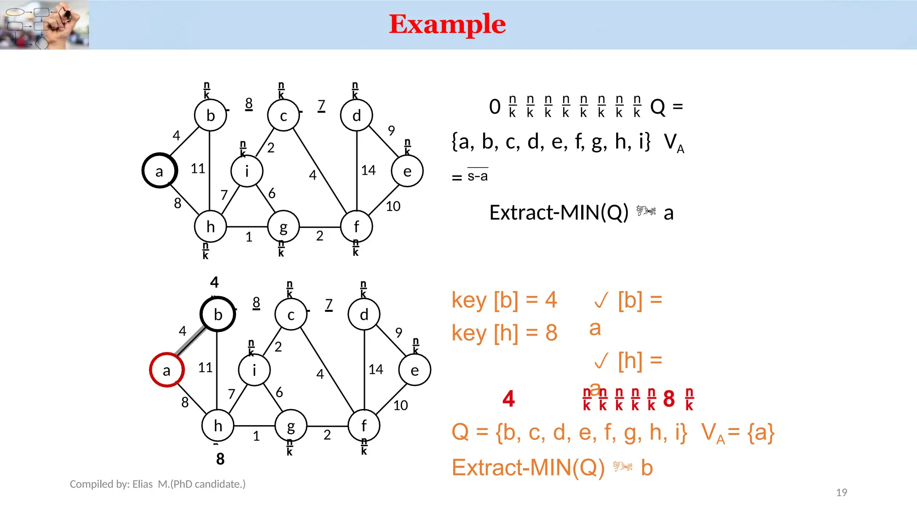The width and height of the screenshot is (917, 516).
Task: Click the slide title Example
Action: coord(447,24)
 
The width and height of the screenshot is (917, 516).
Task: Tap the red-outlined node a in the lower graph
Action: coord(167,370)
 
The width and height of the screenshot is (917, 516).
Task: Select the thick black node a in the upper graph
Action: coord(159,171)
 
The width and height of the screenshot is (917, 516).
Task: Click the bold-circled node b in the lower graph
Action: coord(218,314)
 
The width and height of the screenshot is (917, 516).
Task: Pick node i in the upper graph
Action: coord(247,171)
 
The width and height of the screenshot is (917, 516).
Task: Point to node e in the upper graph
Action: coord(407,171)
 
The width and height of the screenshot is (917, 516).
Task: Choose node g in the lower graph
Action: coord(291,426)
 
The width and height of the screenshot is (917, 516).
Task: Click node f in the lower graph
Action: coord(364,426)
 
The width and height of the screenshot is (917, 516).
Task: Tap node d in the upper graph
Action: coord(356,115)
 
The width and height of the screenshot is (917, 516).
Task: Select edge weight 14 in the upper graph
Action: coord(369,170)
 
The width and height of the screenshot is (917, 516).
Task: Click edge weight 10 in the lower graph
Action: coord(400,405)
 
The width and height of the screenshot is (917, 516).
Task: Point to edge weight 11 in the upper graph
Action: coord(198,168)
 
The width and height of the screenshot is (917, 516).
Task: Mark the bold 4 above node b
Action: coord(214,282)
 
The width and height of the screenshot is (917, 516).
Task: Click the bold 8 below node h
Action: coord(220,459)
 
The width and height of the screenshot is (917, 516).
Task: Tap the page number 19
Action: coord(841,492)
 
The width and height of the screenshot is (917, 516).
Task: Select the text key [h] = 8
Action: coord(504,333)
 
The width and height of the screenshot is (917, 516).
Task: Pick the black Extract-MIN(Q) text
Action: coord(559,212)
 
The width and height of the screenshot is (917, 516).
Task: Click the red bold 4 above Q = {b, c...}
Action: coord(509,398)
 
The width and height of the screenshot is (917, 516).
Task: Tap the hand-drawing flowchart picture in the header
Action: coord(44,25)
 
